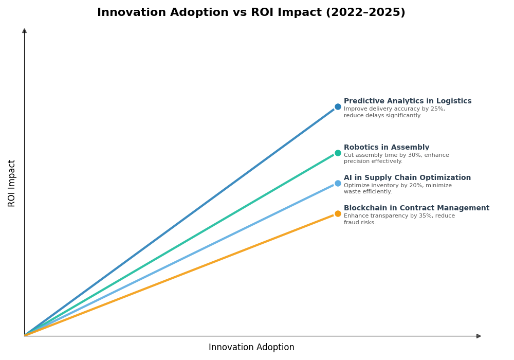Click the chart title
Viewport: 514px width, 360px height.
click(x=251, y=13)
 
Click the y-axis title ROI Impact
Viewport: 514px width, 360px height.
click(x=12, y=183)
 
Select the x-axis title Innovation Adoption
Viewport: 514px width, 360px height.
click(x=251, y=348)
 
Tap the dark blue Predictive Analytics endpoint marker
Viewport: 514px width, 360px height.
click(x=338, y=107)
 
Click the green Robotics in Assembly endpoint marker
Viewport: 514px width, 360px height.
click(x=338, y=153)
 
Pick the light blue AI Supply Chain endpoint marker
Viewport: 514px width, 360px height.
click(x=338, y=183)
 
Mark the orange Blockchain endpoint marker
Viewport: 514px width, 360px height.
click(x=338, y=213)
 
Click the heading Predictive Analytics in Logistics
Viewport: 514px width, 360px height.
click(x=407, y=101)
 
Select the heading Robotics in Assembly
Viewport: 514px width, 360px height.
click(x=386, y=148)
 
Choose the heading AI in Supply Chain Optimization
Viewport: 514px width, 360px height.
click(x=407, y=178)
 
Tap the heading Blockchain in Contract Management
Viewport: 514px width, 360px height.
click(x=416, y=208)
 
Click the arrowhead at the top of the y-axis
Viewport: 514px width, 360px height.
click(x=24, y=31)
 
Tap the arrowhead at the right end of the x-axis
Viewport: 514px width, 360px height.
click(x=479, y=336)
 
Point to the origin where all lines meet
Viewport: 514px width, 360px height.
click(x=25, y=335)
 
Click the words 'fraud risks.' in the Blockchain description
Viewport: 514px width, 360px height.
click(x=360, y=223)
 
